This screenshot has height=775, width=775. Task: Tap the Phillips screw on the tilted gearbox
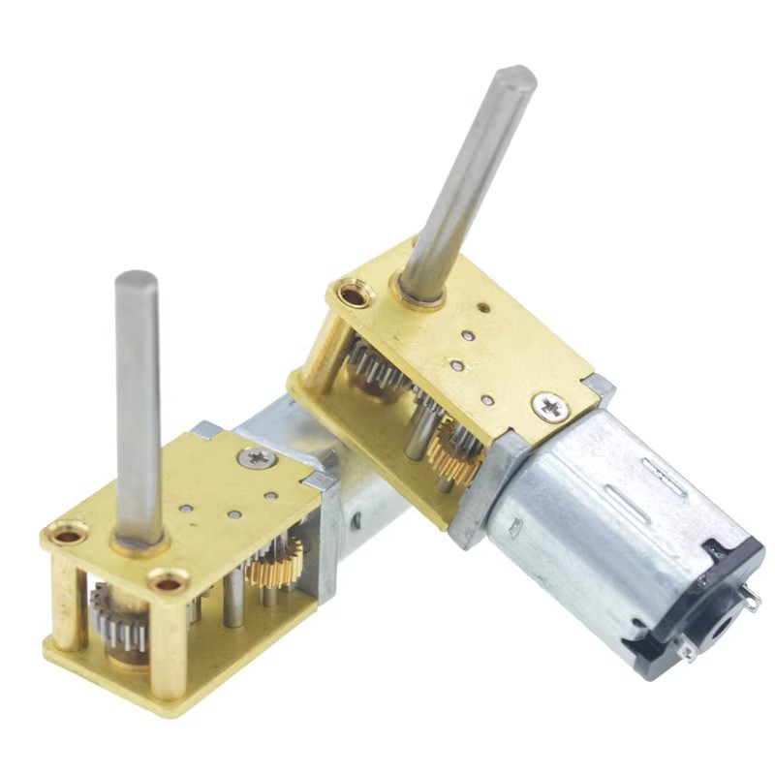pyautogui.click(x=549, y=406)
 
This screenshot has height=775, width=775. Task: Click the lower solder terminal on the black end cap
pyautogui.click(x=688, y=650)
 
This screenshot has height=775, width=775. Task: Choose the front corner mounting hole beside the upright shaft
pyautogui.click(x=168, y=582)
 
